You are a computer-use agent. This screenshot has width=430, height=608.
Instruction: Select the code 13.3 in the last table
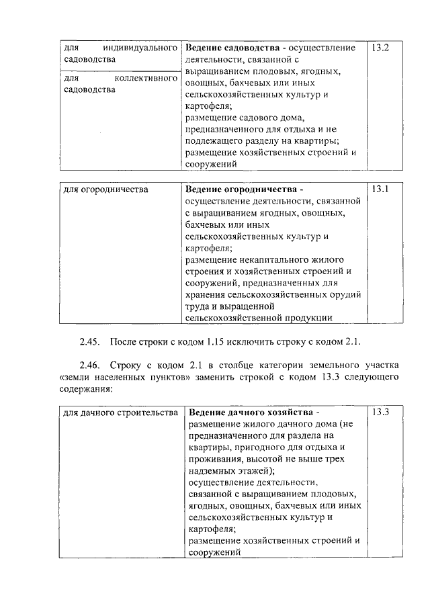click(x=381, y=412)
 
